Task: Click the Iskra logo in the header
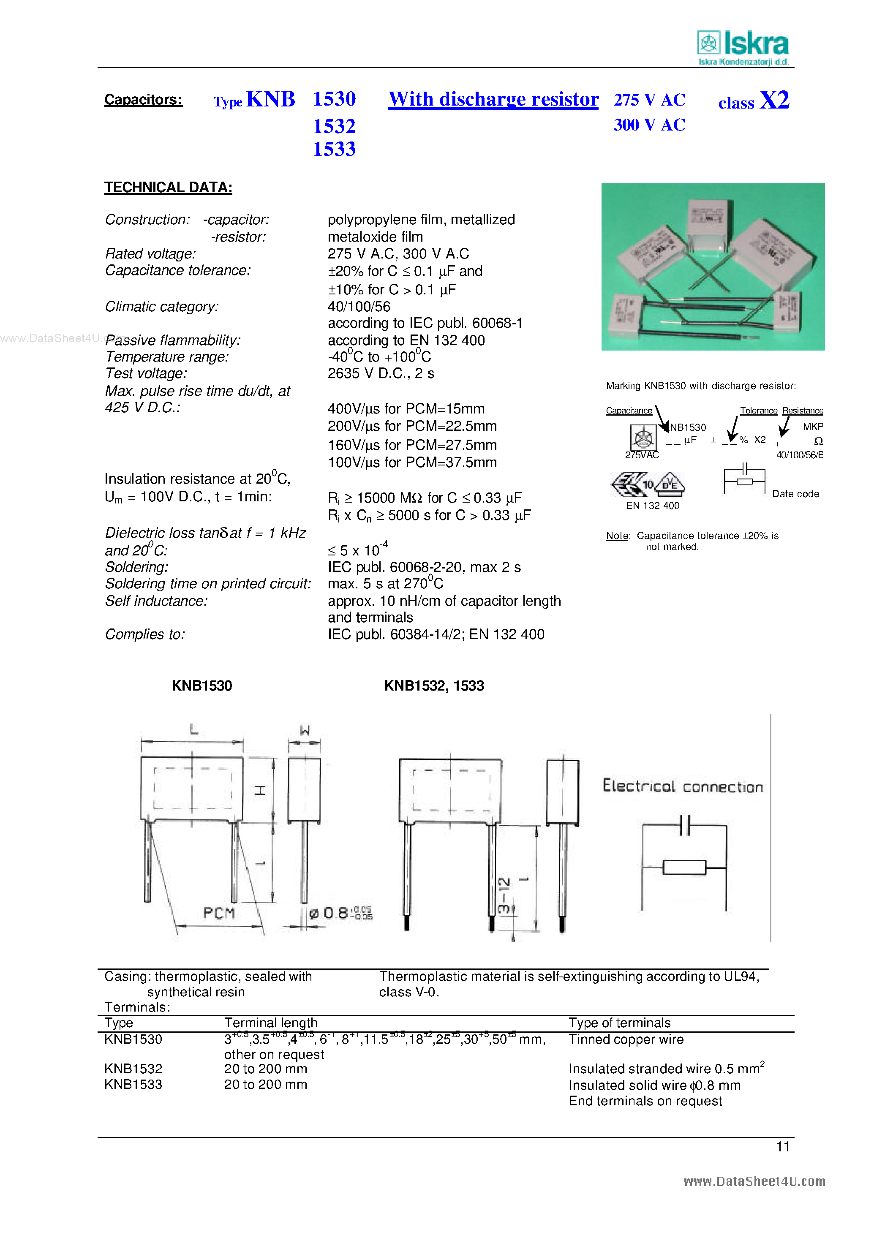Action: click(743, 47)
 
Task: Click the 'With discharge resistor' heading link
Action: click(493, 100)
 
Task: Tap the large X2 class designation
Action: click(774, 100)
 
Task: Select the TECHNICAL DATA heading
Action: click(168, 187)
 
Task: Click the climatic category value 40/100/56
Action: click(359, 307)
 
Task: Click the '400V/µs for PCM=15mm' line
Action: click(406, 409)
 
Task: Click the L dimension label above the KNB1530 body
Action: click(194, 730)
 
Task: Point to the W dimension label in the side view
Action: click(305, 730)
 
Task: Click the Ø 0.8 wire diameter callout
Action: click(340, 913)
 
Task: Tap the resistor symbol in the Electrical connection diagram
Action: click(684, 868)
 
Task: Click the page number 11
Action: click(782, 1147)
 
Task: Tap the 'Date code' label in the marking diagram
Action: click(795, 494)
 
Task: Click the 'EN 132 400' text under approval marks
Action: click(652, 506)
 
